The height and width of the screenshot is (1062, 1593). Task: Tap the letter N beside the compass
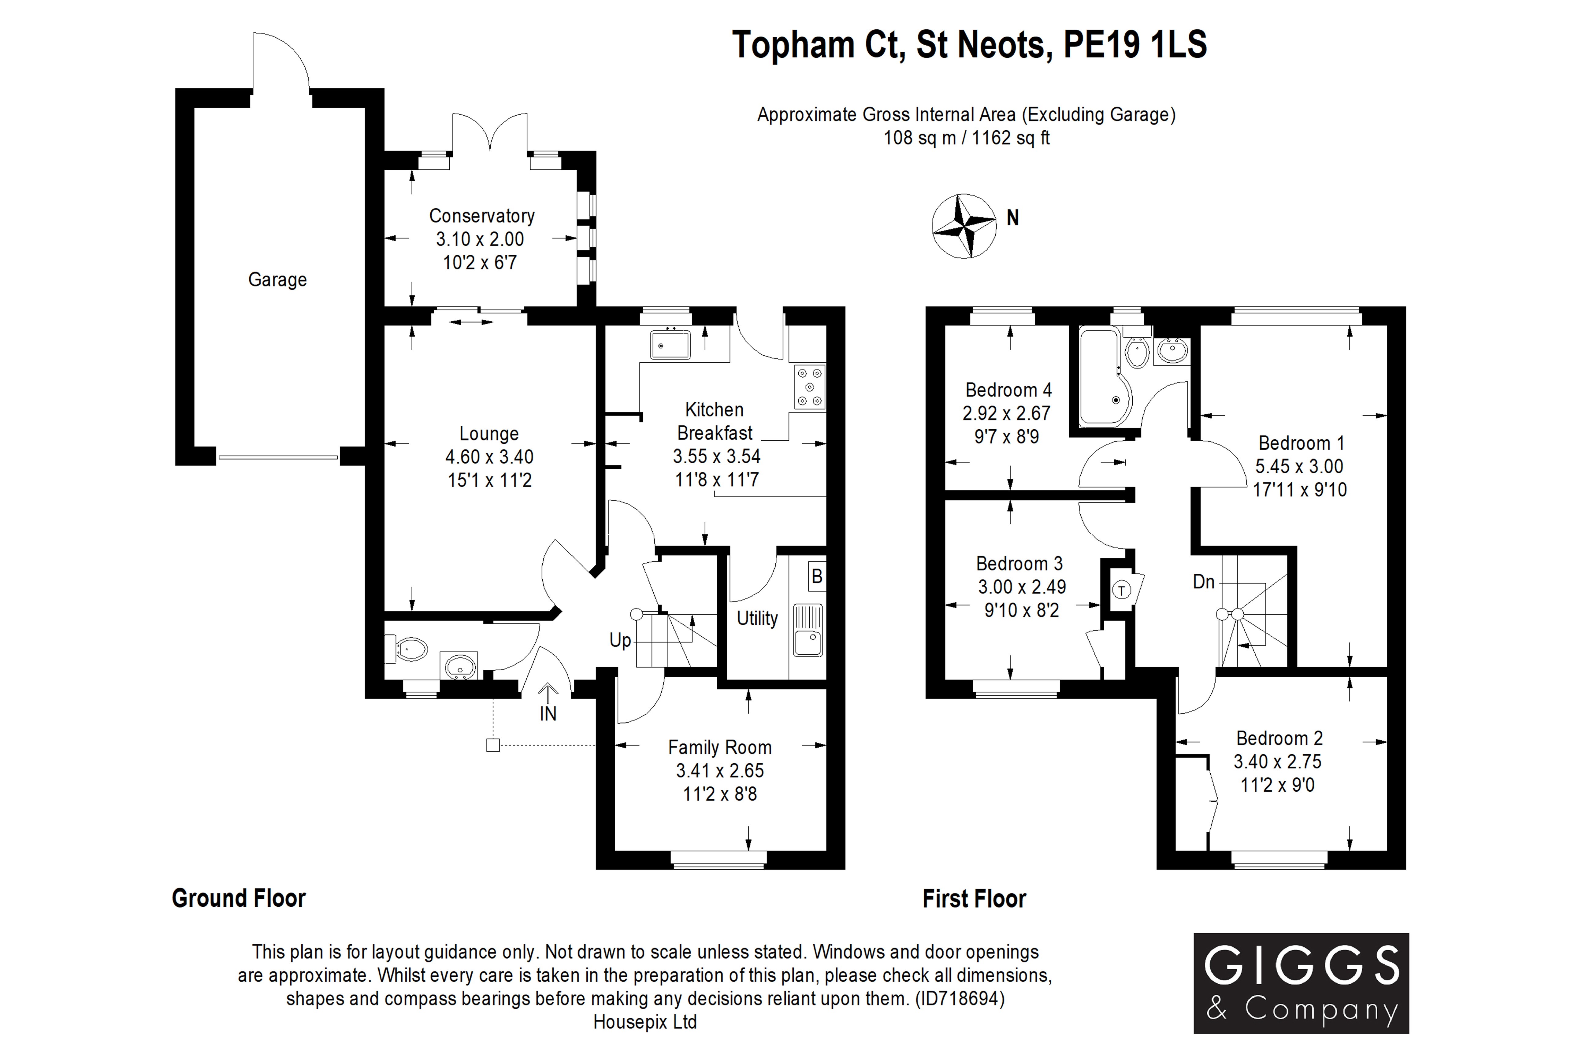click(x=1012, y=217)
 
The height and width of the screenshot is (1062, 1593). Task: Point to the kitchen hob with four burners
click(x=810, y=387)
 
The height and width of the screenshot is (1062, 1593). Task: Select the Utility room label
click(x=757, y=618)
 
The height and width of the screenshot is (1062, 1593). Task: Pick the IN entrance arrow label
click(x=548, y=713)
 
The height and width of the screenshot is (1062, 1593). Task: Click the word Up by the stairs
click(x=620, y=640)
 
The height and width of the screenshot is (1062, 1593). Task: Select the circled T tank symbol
click(x=1122, y=590)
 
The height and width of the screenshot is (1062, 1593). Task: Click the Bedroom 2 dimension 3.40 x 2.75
click(x=1277, y=761)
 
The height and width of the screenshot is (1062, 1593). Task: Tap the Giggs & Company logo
click(x=1301, y=983)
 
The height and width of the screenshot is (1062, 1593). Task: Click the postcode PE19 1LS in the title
click(x=1135, y=45)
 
